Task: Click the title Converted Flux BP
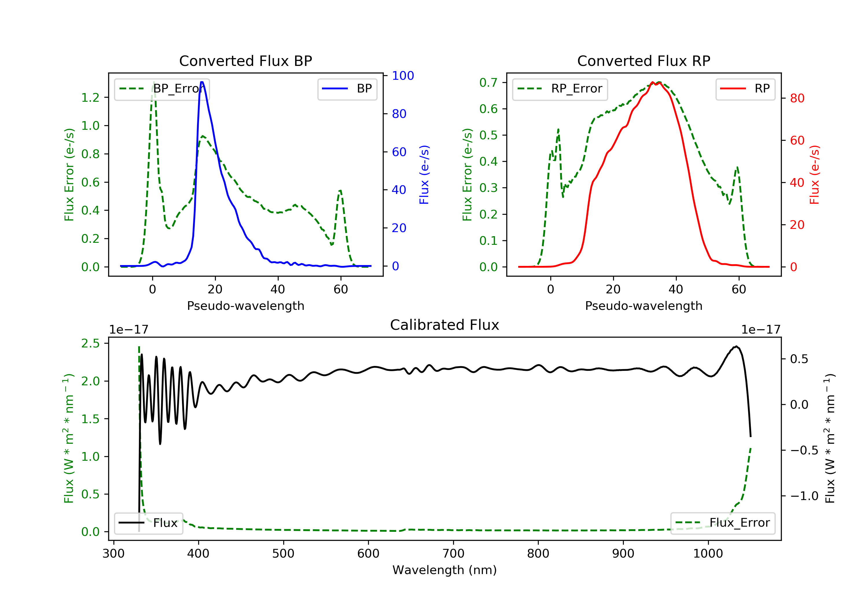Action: pyautogui.click(x=245, y=61)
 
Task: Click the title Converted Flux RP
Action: pyautogui.click(x=643, y=61)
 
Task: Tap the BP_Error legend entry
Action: pyautogui.click(x=162, y=89)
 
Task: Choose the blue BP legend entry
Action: pyautogui.click(x=347, y=89)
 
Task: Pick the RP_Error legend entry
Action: pyautogui.click(x=560, y=89)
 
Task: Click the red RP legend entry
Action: pyautogui.click(x=745, y=89)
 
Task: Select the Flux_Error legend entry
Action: pyautogui.click(x=722, y=523)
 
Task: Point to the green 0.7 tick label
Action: pyautogui.click(x=488, y=82)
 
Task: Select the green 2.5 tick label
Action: pyautogui.click(x=90, y=343)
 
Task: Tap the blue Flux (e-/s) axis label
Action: pyautogui.click(x=424, y=175)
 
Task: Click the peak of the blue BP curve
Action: pyautogui.click(x=202, y=82)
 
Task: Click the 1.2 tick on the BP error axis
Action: pyautogui.click(x=90, y=97)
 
